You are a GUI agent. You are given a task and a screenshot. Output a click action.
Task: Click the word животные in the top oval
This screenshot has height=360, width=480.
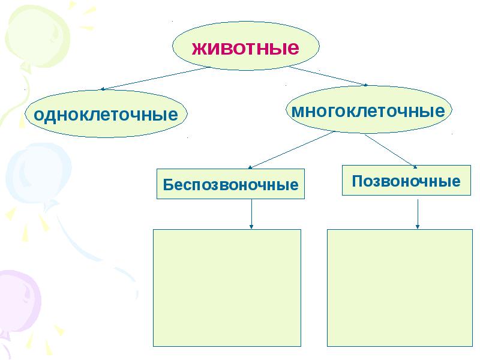click(245, 47)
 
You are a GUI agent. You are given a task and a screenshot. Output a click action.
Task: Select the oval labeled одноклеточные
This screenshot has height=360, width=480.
click(106, 114)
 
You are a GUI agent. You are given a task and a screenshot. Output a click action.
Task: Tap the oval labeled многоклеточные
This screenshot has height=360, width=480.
click(368, 111)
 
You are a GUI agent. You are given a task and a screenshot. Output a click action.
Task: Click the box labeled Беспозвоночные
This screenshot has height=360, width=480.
click(230, 184)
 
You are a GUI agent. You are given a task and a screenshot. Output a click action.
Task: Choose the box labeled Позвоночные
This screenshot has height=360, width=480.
click(406, 181)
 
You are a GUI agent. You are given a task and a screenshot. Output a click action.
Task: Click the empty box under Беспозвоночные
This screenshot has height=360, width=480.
click(227, 287)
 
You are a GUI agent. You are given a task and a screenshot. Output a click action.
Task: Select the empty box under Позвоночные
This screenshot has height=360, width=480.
click(400, 287)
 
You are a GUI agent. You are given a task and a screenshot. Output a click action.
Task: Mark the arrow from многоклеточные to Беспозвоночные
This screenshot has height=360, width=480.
click(291, 150)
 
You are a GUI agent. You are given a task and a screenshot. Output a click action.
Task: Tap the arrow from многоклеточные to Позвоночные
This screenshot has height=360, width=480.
click(391, 151)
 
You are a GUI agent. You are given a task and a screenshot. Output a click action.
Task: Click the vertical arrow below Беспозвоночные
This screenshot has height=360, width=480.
click(251, 214)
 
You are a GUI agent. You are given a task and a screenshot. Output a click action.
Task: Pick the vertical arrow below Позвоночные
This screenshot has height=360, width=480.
click(418, 214)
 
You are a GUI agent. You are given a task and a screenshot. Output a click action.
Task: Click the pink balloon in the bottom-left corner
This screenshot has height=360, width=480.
click(18, 300)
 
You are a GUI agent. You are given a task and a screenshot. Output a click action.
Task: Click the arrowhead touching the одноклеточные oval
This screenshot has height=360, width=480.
click(103, 89)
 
